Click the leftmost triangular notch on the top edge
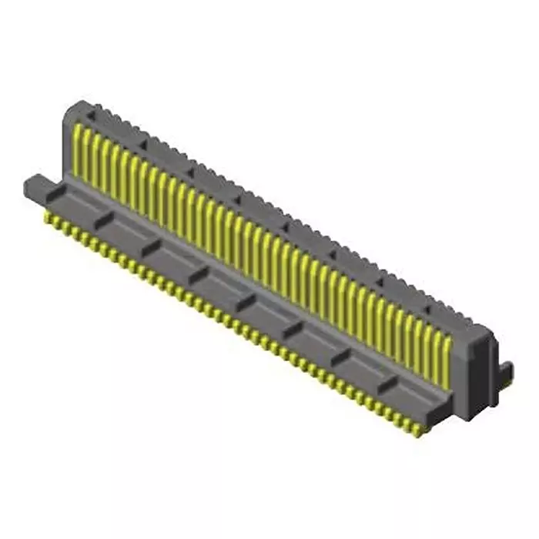92,114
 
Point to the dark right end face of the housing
481,370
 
